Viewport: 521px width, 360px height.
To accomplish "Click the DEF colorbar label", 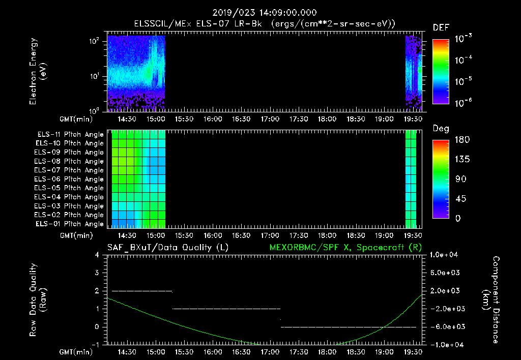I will click(440, 27).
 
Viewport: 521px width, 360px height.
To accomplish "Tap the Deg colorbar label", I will click(441, 129).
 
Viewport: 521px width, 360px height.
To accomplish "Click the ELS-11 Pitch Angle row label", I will click(70, 134).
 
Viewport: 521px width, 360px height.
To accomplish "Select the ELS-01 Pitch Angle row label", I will click(70, 224).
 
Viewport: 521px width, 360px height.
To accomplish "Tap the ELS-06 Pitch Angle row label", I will click(70, 179).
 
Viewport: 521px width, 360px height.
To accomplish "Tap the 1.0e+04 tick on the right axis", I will click(445, 254).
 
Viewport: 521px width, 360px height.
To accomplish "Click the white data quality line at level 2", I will click(142, 291).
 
